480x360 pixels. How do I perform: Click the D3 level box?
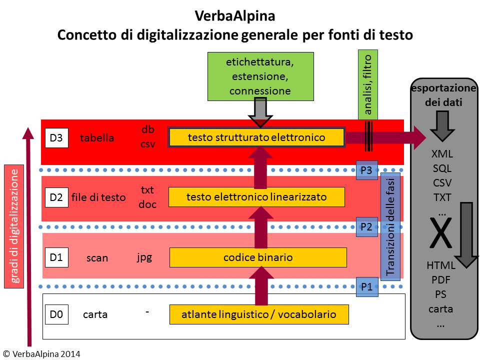point(56,138)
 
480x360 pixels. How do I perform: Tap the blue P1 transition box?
point(366,287)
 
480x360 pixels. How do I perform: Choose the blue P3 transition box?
point(366,170)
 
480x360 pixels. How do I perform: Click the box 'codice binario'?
point(258,257)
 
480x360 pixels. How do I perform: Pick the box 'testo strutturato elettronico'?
point(256,137)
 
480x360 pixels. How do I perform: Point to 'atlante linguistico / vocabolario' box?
point(258,314)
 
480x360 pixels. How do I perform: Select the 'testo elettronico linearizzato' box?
point(256,197)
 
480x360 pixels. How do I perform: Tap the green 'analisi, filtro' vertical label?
point(367,84)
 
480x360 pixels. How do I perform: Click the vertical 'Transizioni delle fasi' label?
point(390,225)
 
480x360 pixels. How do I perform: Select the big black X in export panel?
point(440,235)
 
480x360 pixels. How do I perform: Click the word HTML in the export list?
point(440,265)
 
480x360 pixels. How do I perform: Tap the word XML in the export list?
point(442,154)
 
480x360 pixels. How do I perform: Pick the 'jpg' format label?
point(144,257)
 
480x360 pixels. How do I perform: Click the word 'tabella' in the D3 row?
point(97,138)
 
